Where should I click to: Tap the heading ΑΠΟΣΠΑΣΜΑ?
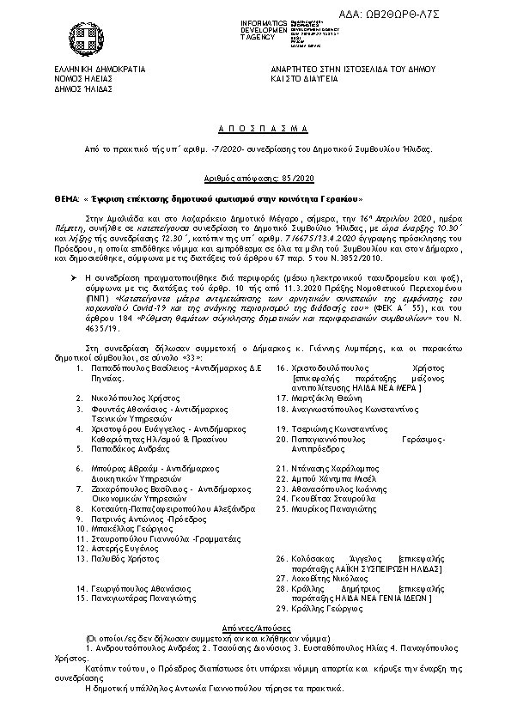coord(255,127)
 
